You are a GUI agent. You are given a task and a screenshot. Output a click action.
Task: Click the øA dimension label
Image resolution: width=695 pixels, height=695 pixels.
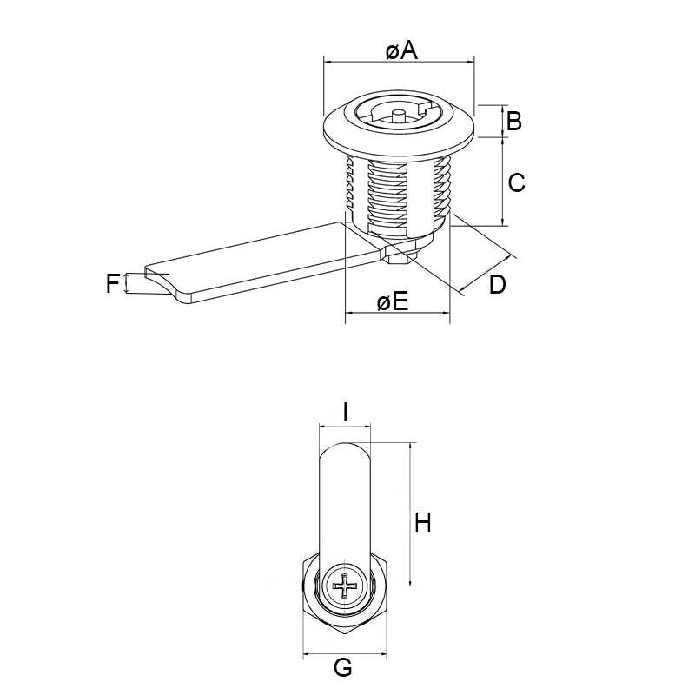(400, 51)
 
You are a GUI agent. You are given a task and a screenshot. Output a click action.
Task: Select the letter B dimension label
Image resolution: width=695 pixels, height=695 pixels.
(513, 121)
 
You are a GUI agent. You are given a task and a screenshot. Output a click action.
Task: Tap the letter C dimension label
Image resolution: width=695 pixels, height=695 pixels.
(516, 182)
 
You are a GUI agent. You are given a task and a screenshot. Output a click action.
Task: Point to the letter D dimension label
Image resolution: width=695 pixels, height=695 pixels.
(496, 284)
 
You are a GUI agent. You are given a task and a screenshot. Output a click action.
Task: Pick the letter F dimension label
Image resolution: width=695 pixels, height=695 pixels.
(112, 283)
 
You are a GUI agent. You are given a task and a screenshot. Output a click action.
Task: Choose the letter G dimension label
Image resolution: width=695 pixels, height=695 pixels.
(343, 667)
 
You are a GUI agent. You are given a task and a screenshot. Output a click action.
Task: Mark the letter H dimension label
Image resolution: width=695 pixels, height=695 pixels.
(423, 523)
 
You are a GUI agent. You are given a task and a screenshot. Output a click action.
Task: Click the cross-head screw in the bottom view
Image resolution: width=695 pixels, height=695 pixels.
(346, 589)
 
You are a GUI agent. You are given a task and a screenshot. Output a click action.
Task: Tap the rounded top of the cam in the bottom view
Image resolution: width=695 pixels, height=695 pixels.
(345, 452)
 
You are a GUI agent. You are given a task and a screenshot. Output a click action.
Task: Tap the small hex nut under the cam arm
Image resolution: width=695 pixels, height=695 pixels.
(401, 255)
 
